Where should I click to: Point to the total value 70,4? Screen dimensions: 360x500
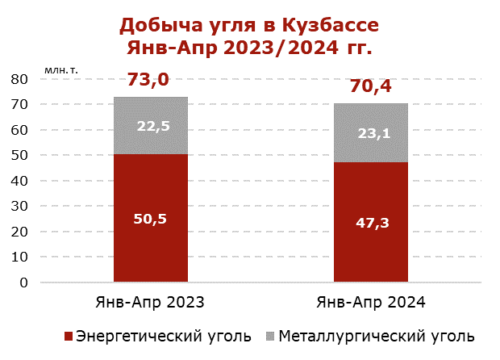(370, 86)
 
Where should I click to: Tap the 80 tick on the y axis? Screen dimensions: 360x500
(19, 79)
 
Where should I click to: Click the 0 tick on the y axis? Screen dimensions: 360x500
(24, 283)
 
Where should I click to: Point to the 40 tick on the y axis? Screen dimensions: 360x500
(19, 181)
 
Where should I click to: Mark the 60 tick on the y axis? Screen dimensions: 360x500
(19, 130)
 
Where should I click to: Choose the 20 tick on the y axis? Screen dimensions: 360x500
(19, 232)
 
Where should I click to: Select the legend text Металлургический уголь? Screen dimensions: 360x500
(377, 335)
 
